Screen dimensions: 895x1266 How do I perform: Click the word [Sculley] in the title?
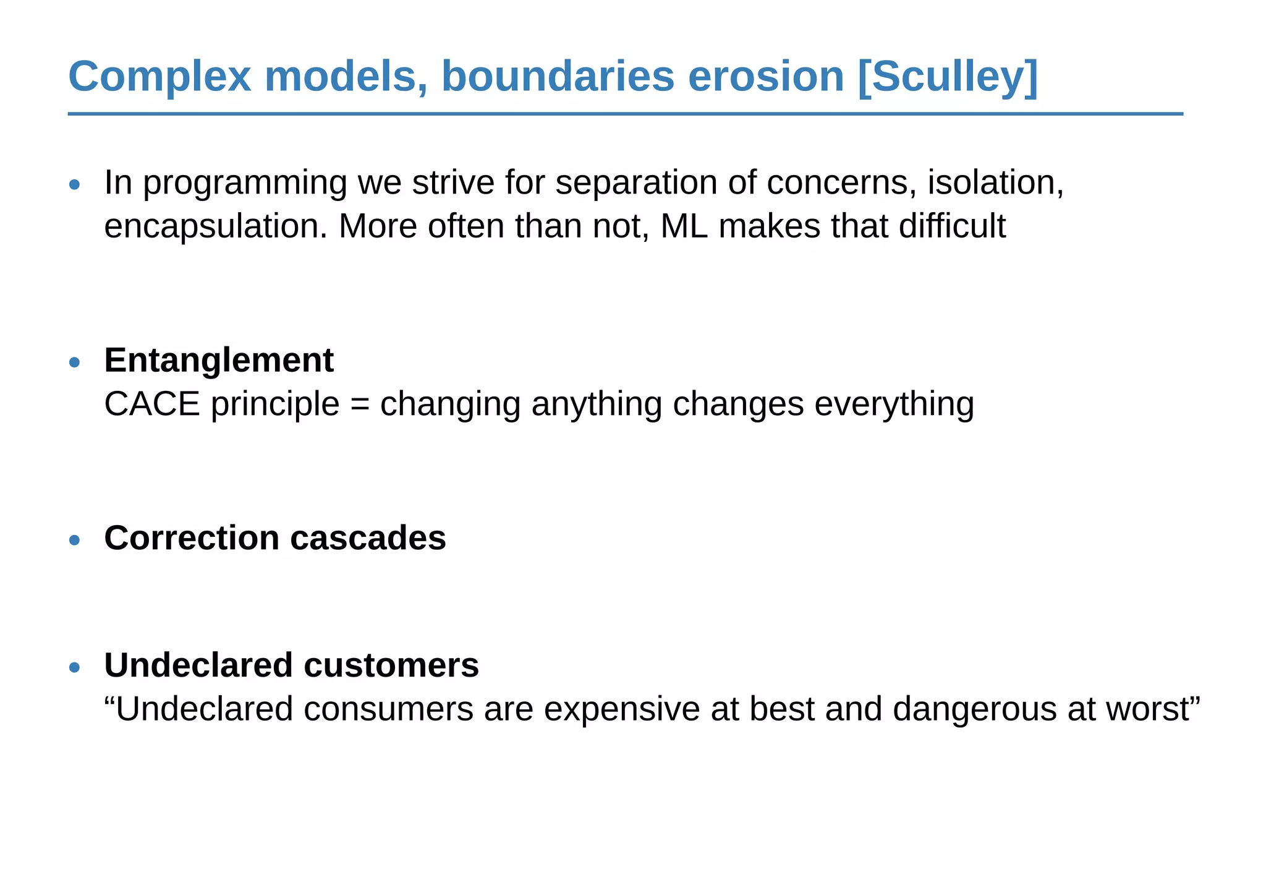pos(948,77)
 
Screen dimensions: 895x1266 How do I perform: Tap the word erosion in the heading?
pos(765,77)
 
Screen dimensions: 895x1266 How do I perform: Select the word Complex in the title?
pos(159,77)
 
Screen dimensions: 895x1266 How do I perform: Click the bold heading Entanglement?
pos(219,360)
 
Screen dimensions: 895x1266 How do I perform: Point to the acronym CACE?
pos(152,404)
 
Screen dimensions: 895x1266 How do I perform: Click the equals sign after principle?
pos(360,405)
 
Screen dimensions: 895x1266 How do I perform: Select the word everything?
pos(894,404)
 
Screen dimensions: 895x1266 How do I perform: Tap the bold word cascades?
pos(368,537)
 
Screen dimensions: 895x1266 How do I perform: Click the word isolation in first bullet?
pos(995,182)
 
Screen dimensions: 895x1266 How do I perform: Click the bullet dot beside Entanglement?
pos(75,362)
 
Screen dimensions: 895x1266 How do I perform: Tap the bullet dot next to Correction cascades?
pos(75,540)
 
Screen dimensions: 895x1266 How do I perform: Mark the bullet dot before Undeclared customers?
pos(75,667)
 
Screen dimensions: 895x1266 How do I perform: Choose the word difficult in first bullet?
pos(952,226)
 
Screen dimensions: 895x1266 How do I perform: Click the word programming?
pos(245,184)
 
